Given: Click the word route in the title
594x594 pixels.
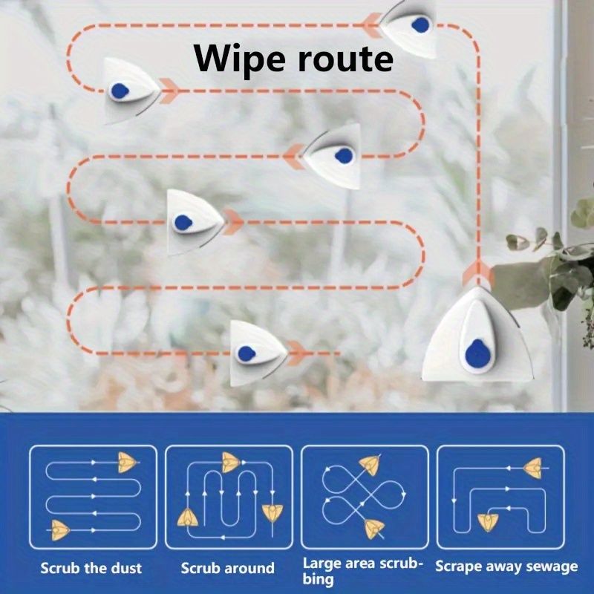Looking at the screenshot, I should [x=344, y=59].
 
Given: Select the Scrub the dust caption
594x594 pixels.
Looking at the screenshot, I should [x=91, y=568].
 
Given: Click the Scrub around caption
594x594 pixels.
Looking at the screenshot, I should [x=227, y=569].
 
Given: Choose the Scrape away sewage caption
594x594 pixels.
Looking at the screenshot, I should [x=506, y=567].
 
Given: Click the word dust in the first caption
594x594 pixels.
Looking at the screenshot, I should [x=124, y=568].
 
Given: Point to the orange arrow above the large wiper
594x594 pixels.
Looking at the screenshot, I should [x=477, y=276].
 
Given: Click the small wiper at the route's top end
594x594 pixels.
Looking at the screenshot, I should [x=411, y=25].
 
